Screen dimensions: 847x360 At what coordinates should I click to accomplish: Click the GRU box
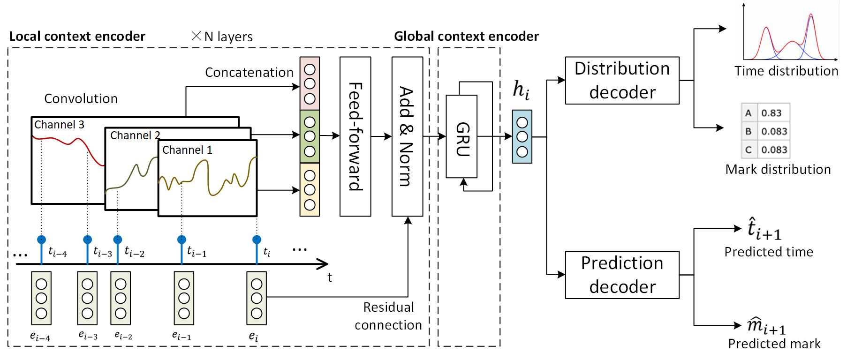point(461,136)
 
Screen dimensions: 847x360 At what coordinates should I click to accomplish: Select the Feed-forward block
point(355,136)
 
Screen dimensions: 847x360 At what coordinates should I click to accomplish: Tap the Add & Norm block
point(407,136)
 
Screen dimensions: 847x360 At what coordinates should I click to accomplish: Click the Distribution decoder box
point(622,80)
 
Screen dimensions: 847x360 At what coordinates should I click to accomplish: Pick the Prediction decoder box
point(622,275)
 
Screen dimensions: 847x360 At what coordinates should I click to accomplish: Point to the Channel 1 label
point(187,150)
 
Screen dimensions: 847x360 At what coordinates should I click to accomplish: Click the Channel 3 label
point(59,125)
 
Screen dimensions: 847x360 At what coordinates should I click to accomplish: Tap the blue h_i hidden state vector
point(522,136)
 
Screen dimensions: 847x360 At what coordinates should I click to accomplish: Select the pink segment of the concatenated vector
point(310,83)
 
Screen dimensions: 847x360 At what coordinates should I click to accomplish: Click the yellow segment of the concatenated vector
point(310,189)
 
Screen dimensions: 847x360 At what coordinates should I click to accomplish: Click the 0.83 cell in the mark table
point(771,113)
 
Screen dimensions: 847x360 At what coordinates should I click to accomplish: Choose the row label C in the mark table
point(748,150)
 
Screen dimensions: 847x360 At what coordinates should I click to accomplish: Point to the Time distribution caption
point(786,71)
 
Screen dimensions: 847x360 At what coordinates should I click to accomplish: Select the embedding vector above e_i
point(257,298)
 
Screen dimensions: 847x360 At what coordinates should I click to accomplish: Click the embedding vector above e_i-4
point(41,298)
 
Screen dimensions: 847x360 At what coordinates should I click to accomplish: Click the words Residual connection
point(388,316)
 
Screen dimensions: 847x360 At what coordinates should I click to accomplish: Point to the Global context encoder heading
point(466,37)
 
